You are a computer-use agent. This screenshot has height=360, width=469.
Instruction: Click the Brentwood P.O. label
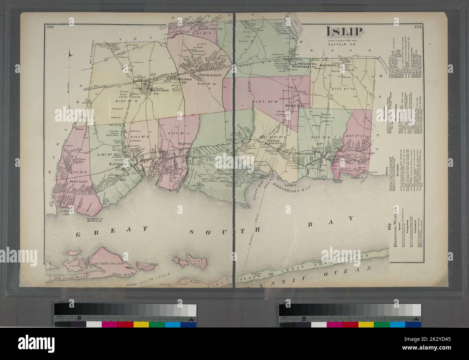(x=156, y=91)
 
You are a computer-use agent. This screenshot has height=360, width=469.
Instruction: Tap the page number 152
(x=50, y=27)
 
